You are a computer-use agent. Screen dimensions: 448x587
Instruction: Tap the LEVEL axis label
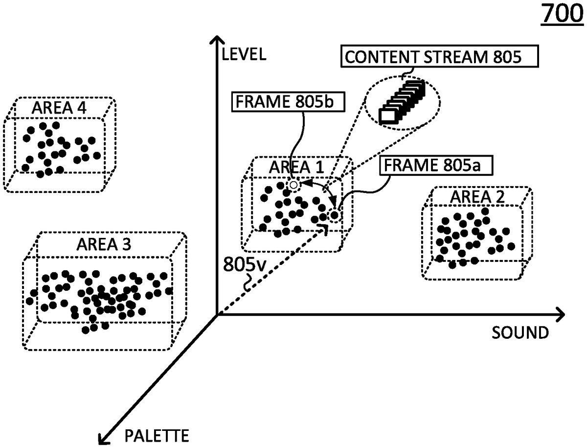(x=243, y=54)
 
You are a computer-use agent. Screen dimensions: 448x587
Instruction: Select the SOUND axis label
(x=520, y=333)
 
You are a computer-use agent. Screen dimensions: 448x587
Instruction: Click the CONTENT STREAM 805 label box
(x=439, y=57)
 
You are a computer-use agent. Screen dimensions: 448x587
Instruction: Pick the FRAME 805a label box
(x=436, y=165)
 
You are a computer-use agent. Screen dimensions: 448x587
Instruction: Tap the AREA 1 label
(x=296, y=167)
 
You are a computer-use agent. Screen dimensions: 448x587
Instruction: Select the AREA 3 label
(x=103, y=244)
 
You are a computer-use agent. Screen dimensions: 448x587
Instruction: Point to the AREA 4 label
(x=59, y=108)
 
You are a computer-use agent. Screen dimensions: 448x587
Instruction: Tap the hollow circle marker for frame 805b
(x=293, y=185)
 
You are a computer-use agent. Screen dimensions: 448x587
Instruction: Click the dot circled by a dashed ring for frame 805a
(x=334, y=214)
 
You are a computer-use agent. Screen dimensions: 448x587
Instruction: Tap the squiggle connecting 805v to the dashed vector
(x=248, y=283)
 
